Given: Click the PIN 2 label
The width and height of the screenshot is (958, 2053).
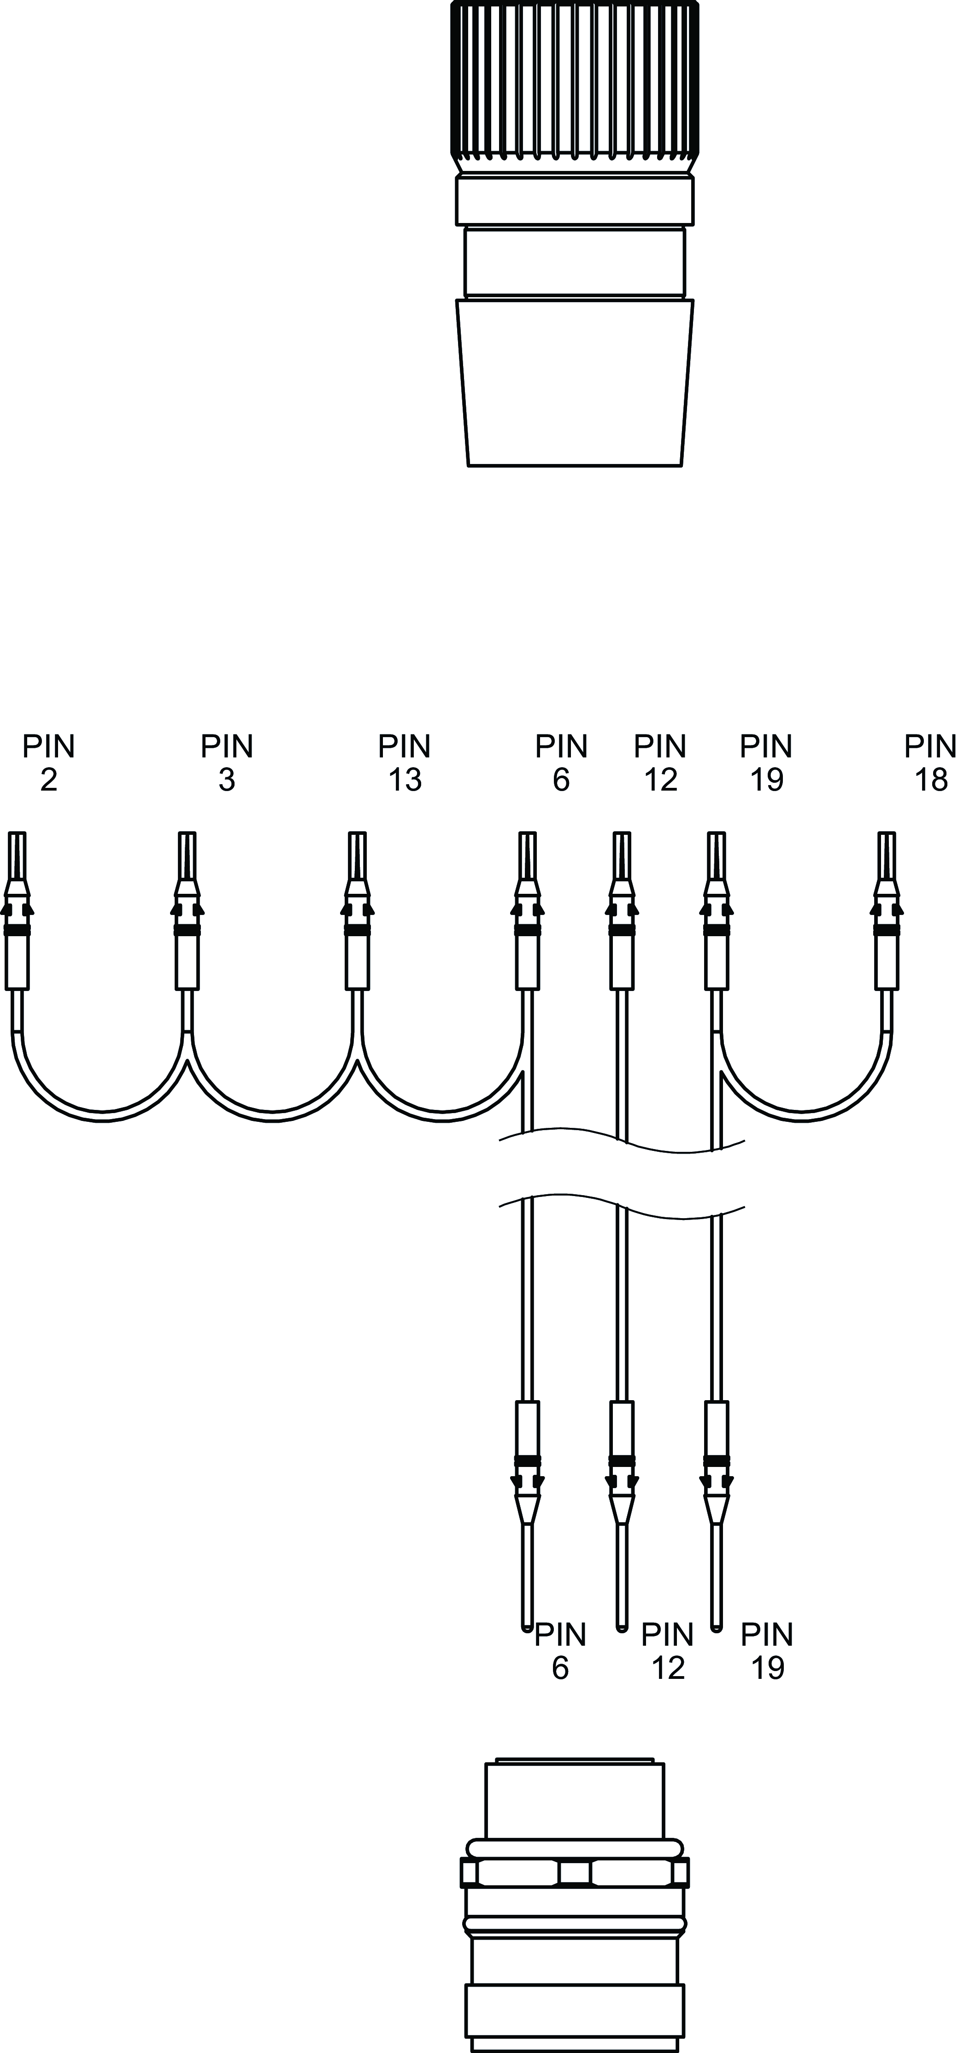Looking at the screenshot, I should pyautogui.click(x=49, y=763).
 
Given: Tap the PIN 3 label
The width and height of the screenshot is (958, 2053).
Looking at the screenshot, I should pyautogui.click(x=227, y=763).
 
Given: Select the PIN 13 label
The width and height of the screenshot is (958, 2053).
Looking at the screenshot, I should pyautogui.click(x=405, y=763).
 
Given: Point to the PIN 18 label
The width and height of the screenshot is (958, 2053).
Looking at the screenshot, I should pyautogui.click(x=930, y=763).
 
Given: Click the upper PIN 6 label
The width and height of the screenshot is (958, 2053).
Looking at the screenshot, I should pyautogui.click(x=561, y=763).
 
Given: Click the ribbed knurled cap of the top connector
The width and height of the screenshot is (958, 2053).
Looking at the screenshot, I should pyautogui.click(x=575, y=80).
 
